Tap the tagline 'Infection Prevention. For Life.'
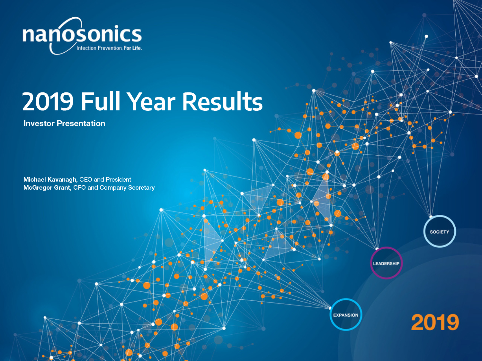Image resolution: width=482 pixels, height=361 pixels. click(x=109, y=48)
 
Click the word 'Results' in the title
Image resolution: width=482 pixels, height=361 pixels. click(x=222, y=102)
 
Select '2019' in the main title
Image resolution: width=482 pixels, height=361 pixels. click(x=48, y=102)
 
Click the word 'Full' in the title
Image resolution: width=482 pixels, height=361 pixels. click(x=101, y=101)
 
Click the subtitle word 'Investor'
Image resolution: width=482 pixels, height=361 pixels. click(x=39, y=124)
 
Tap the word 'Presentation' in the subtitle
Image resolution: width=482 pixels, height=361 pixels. click(x=81, y=124)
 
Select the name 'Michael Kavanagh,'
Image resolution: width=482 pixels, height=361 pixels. click(x=50, y=180)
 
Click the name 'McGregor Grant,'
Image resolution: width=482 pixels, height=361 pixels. click(x=48, y=188)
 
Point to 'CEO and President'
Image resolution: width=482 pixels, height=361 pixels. click(x=105, y=179)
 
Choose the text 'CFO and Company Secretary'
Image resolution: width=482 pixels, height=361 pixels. click(x=114, y=188)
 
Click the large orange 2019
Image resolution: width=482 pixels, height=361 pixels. click(x=435, y=322)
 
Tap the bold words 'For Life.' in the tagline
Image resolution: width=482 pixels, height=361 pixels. click(x=133, y=48)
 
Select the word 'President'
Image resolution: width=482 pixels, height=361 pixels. click(x=118, y=179)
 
